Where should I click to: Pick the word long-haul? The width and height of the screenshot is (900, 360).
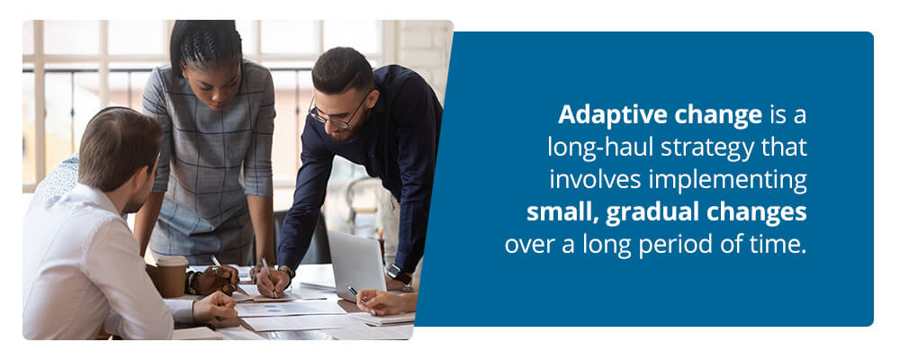pyautogui.click(x=601, y=148)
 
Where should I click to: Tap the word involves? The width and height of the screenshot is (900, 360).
pyautogui.click(x=596, y=181)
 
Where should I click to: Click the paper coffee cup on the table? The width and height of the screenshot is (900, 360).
pyautogui.click(x=172, y=275)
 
